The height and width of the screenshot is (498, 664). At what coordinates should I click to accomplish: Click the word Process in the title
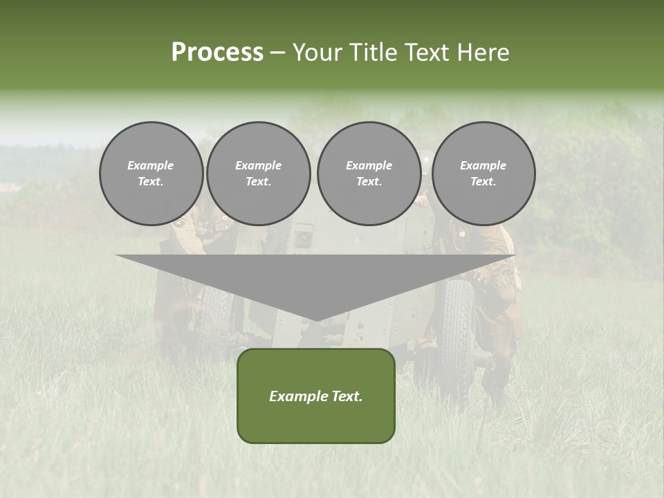pos(217,53)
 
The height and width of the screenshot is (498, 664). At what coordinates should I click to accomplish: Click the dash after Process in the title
pos(278,53)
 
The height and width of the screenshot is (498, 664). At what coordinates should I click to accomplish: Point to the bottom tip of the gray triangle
pos(316,320)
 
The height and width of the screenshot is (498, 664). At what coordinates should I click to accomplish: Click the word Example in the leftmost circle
pos(151,165)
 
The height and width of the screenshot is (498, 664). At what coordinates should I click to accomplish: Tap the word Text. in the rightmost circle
pos(483,181)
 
